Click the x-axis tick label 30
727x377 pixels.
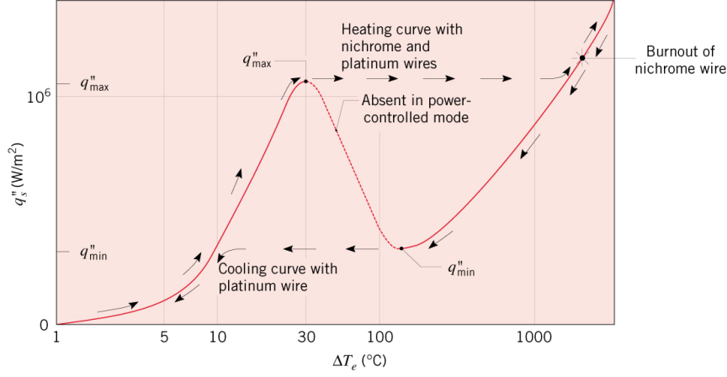coord(306,338)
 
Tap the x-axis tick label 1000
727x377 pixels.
coord(533,338)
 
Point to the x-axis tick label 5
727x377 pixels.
coord(164,338)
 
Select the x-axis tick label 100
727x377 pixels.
coord(379,338)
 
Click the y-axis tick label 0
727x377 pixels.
coord(44,324)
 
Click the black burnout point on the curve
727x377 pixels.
coord(581,58)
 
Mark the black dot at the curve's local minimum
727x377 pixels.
coord(401,248)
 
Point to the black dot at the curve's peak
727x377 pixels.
coord(305,82)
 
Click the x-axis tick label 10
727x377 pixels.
coord(217,338)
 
